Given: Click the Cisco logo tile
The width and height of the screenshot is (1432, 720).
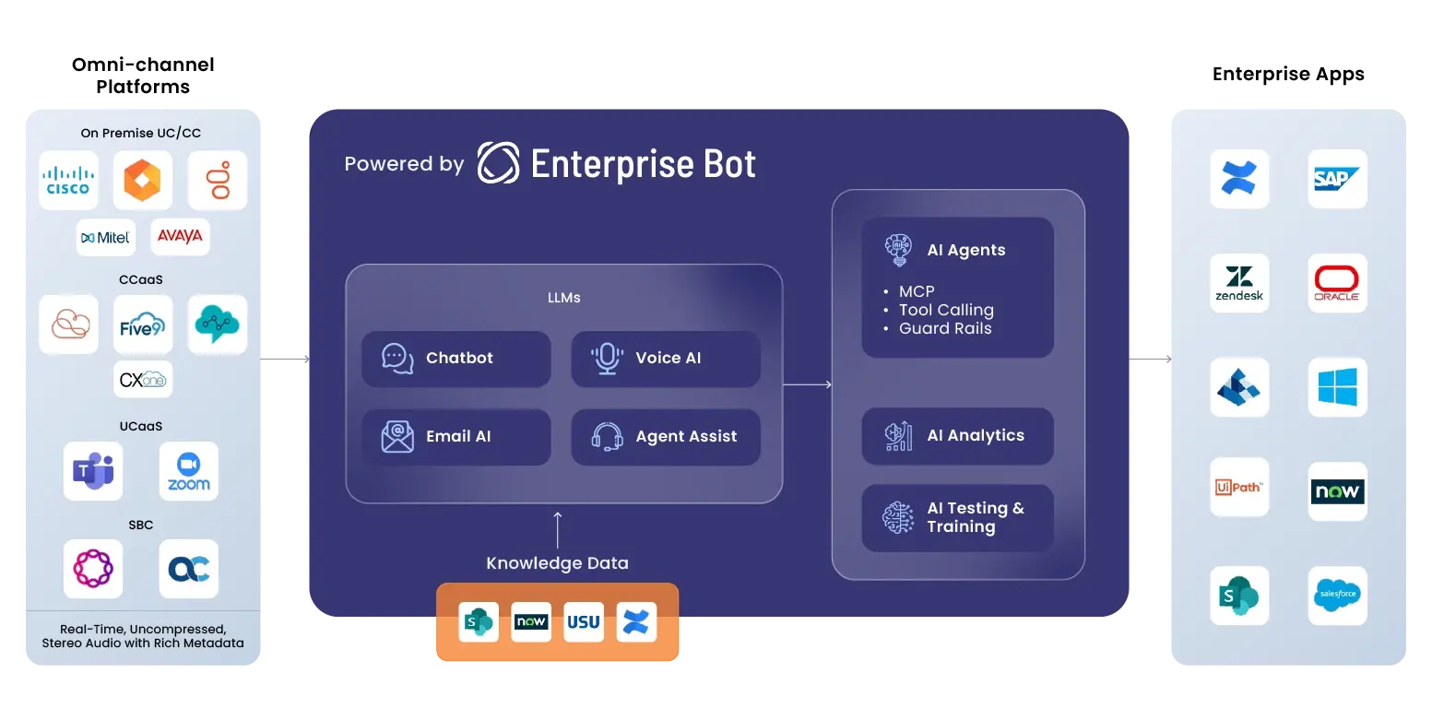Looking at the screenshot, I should tap(69, 180).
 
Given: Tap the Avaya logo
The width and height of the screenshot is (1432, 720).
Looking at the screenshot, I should tap(180, 237).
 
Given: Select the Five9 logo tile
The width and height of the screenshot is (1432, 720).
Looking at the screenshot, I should tap(143, 325).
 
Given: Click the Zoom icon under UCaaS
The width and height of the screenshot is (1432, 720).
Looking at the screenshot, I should tap(189, 471).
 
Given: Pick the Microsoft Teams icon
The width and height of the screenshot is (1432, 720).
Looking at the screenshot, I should tap(93, 471).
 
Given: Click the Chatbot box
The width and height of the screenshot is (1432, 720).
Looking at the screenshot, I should tap(456, 359).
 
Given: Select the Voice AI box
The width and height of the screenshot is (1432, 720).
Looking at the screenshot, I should tap(666, 359).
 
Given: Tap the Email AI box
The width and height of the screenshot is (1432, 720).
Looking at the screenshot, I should tap(456, 437).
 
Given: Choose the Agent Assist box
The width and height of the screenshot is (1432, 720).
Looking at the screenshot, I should tap(666, 437).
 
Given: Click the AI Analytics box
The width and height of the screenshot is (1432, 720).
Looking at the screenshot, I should tap(957, 436).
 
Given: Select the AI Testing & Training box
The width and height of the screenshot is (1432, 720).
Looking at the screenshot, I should tap(957, 517).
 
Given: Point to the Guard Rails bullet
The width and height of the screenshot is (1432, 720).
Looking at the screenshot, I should tap(944, 329).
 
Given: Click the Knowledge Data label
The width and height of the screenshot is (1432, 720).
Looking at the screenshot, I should tap(557, 563).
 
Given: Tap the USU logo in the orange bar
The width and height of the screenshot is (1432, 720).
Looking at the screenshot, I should tap(583, 622).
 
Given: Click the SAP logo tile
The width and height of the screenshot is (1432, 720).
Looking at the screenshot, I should tap(1337, 179).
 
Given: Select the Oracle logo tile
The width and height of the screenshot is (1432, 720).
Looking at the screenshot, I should tap(1337, 283).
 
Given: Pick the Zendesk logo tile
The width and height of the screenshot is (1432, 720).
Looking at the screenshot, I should tap(1239, 283).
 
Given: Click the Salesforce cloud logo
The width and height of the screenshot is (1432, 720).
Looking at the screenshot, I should tap(1337, 595).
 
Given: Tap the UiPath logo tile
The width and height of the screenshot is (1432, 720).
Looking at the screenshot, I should tap(1239, 488).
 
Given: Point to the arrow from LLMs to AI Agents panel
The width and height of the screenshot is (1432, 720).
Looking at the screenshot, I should tap(807, 384).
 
